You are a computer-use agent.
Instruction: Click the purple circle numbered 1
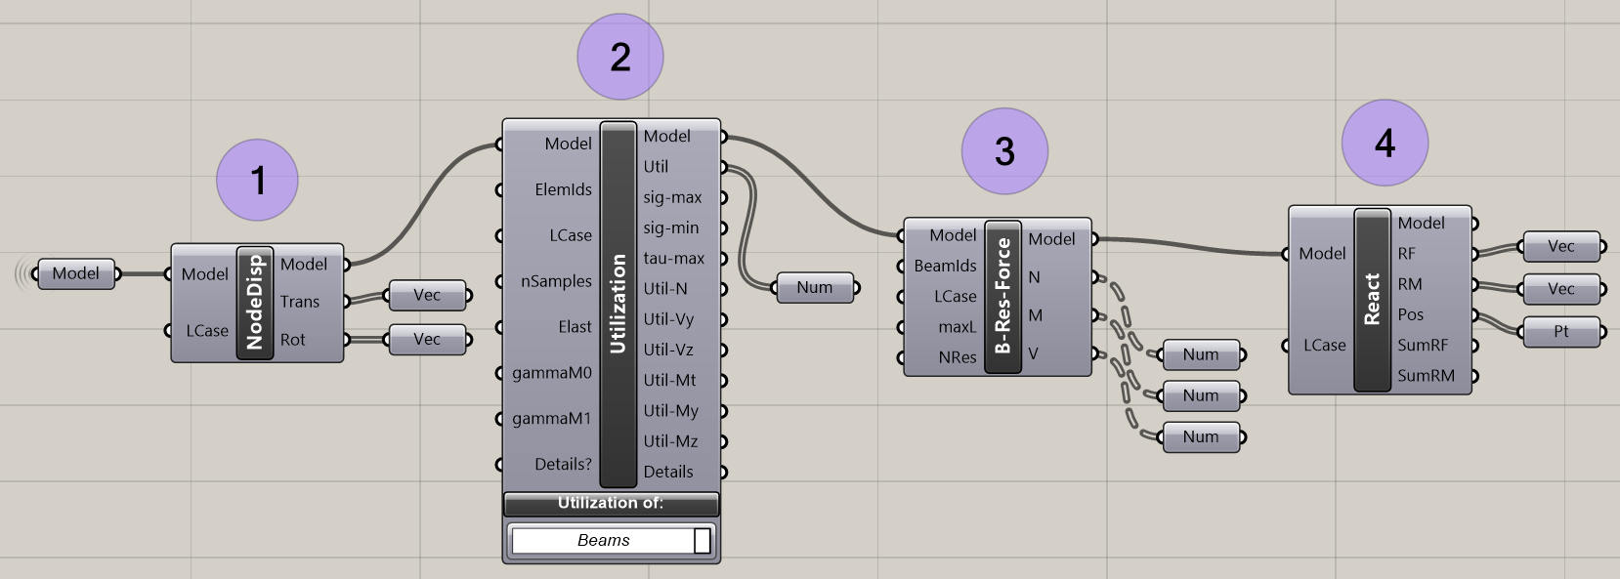pos(257,180)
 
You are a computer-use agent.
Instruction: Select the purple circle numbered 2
pos(620,57)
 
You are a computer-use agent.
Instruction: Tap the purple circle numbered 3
pos(1004,151)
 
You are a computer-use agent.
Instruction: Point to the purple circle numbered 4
pos(1385,143)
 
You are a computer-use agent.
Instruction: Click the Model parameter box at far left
pos(76,273)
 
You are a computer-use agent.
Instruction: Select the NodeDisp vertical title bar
pos(255,303)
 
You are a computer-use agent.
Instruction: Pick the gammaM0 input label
pos(552,372)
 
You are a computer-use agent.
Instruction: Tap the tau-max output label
pos(673,258)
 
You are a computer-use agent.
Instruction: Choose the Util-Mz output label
pos(670,440)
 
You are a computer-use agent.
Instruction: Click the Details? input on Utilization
pos(563,464)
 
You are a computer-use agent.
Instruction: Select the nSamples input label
pos(556,281)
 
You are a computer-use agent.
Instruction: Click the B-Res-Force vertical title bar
pos(1003,297)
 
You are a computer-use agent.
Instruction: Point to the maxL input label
pos(958,326)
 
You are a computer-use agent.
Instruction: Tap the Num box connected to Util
pos(815,287)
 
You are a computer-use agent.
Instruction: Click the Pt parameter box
pos(1560,331)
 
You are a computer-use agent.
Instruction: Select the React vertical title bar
pos(1372,299)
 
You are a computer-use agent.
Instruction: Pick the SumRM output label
pos(1426,375)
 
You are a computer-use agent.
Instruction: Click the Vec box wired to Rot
pos(427,339)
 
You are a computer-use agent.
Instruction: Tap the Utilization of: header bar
pos(611,503)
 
